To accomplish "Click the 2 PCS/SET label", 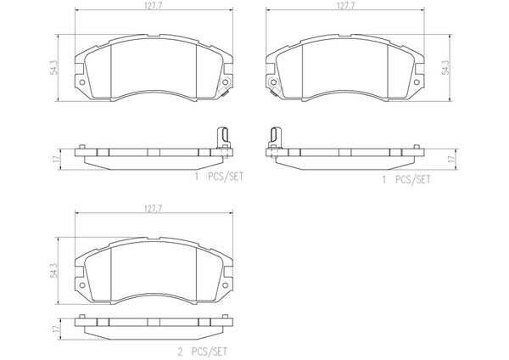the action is pyautogui.click(x=202, y=352).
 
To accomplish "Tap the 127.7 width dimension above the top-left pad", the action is pyautogui.click(x=153, y=6).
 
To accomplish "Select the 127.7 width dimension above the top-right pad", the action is pyautogui.click(x=345, y=6).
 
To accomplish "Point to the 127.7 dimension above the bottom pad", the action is pyautogui.click(x=153, y=209).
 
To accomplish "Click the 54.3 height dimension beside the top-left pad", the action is pyautogui.click(x=54, y=68).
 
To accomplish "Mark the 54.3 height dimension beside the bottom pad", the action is pyautogui.click(x=54, y=270).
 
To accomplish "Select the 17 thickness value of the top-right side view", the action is pyautogui.click(x=451, y=160).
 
